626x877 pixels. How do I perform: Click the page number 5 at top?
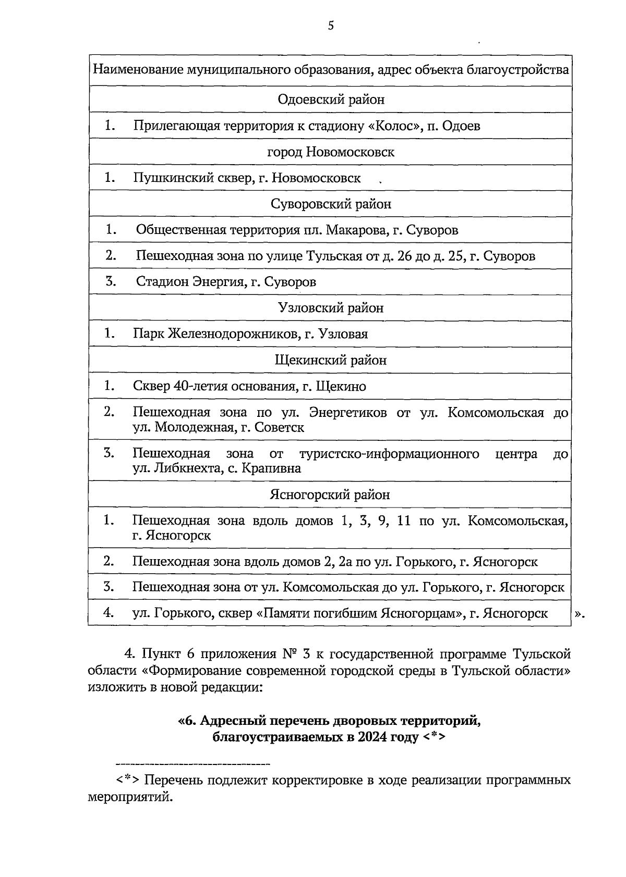331,26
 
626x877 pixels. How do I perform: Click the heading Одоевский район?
331,100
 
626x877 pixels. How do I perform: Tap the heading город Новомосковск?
331,152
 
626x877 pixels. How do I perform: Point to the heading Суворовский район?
331,204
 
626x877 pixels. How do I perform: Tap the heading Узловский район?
331,308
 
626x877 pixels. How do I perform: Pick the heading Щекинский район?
331,361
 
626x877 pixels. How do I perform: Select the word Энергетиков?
348,413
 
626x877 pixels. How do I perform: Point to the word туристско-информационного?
389,454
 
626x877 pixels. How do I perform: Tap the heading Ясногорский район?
331,495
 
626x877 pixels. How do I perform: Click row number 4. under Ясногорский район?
109,613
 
